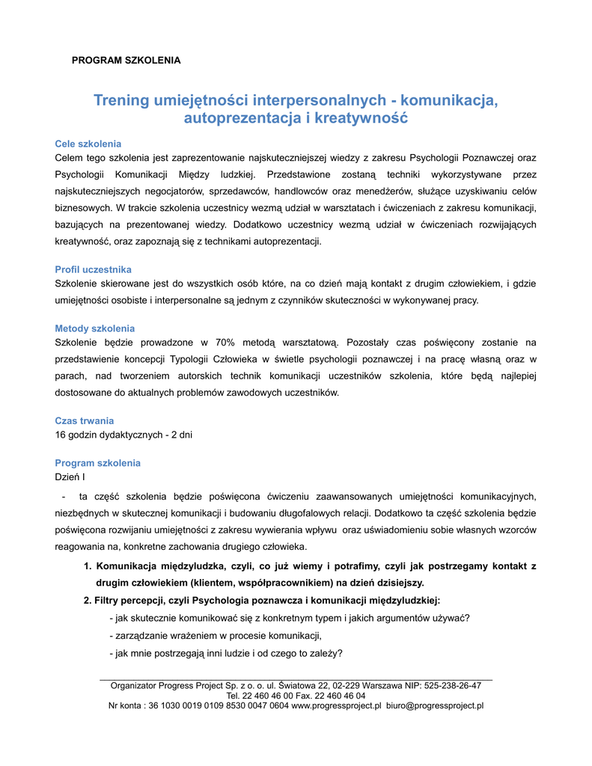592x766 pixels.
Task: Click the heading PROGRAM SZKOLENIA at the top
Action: [126, 60]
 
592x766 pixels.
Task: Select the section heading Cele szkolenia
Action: [88, 144]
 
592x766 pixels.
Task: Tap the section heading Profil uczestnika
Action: [94, 269]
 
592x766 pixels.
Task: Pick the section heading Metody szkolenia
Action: [95, 328]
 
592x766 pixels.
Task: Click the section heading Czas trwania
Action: [85, 420]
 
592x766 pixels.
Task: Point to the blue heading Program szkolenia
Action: [98, 463]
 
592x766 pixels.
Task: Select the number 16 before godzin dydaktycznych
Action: [61, 435]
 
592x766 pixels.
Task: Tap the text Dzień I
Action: [70, 477]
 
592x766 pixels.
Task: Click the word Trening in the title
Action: [121, 100]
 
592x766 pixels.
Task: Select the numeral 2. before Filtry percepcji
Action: [88, 600]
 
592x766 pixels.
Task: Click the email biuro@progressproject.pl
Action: [435, 705]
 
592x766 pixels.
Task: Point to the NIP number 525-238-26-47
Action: [452, 685]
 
